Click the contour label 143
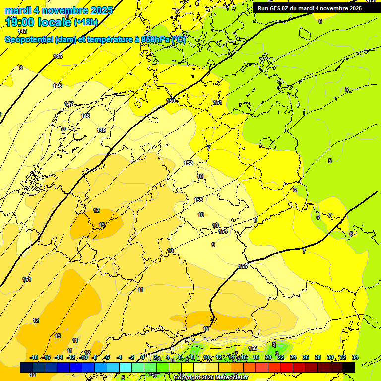click(x=22, y=31)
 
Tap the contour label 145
click(x=58, y=56)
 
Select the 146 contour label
click(x=58, y=86)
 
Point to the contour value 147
click(x=69, y=104)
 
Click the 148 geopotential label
click(x=86, y=116)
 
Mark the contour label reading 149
click(x=101, y=130)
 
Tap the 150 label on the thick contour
click(x=171, y=101)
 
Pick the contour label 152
click(x=188, y=163)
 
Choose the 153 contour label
click(x=198, y=200)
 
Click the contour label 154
click(x=223, y=231)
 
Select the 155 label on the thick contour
click(x=243, y=266)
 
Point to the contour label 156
click(x=253, y=348)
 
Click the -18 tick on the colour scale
click(x=34, y=357)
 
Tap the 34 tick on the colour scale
click(x=355, y=357)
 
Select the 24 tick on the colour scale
click(x=293, y=357)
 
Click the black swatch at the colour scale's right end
click(x=349, y=367)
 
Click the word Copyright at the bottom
click(x=187, y=377)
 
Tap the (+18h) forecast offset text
click(x=86, y=22)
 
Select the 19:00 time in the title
click(x=22, y=21)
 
